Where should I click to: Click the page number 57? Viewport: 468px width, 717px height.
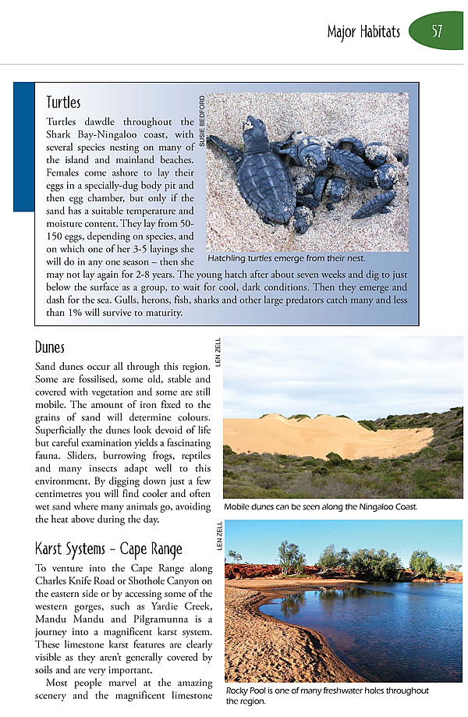click(437, 32)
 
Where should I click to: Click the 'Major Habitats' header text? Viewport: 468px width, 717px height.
click(363, 32)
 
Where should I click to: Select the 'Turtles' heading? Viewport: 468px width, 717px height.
click(63, 102)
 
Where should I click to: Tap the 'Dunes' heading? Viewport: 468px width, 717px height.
click(50, 347)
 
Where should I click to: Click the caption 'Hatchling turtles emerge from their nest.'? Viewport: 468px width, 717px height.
click(286, 257)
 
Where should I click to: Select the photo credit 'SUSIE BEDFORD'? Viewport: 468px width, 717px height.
click(201, 122)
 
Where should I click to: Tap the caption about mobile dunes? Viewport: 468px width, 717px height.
click(320, 506)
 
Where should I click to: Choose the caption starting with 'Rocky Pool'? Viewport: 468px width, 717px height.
click(328, 695)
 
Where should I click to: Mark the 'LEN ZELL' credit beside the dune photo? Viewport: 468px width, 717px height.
click(218, 351)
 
